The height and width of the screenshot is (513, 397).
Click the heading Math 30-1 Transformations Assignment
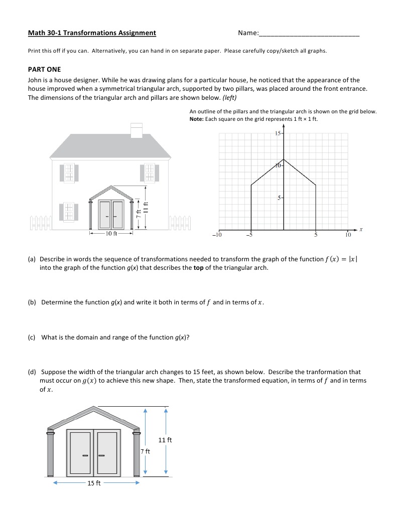coord(92,33)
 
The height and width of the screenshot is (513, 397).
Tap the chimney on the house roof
coord(137,129)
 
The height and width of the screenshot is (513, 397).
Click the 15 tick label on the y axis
coord(279,133)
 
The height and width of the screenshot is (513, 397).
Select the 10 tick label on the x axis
coord(348,234)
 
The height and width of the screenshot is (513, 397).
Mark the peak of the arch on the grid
coord(284,159)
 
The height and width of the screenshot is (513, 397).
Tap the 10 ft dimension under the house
coord(110,233)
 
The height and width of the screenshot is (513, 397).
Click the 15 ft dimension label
coord(94,483)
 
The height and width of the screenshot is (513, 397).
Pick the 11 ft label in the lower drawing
coord(165,440)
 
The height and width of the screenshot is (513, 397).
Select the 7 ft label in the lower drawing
coord(145,451)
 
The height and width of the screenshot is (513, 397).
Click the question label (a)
coord(32,259)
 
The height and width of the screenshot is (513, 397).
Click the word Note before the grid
coord(197,119)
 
